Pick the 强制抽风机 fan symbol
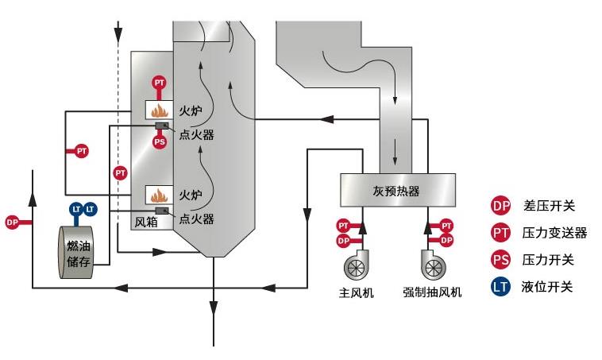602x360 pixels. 433,265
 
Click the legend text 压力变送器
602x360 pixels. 554,233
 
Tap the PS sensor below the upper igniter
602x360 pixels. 160,142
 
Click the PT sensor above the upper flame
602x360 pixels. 160,83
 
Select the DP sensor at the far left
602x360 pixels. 12,223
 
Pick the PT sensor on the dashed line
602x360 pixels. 120,172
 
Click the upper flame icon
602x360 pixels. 160,109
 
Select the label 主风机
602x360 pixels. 356,292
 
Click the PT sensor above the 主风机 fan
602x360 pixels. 343,226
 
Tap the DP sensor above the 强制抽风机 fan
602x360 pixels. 446,239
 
